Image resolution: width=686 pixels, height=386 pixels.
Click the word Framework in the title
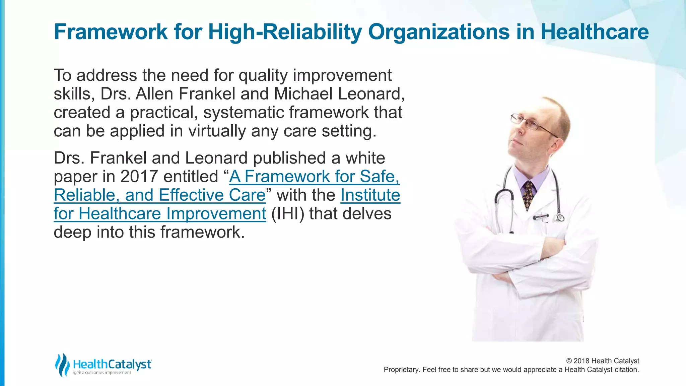click(x=111, y=32)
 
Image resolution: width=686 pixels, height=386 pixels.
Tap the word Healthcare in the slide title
click(x=595, y=32)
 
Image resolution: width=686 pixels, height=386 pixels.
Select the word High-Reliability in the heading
click(x=285, y=33)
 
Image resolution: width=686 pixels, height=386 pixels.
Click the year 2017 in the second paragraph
click(x=139, y=177)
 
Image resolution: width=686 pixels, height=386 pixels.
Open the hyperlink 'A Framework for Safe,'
click(x=314, y=177)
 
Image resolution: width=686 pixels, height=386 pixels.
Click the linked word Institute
click(x=370, y=195)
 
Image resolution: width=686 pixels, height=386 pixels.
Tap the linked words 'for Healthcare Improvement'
click(x=160, y=214)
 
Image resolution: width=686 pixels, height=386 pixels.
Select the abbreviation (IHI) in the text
click(x=287, y=214)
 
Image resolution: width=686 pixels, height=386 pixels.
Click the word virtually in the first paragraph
click(x=217, y=131)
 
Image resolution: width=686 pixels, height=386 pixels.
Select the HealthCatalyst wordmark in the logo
click(x=112, y=364)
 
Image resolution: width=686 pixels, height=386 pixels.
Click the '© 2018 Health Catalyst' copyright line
click(x=602, y=361)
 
